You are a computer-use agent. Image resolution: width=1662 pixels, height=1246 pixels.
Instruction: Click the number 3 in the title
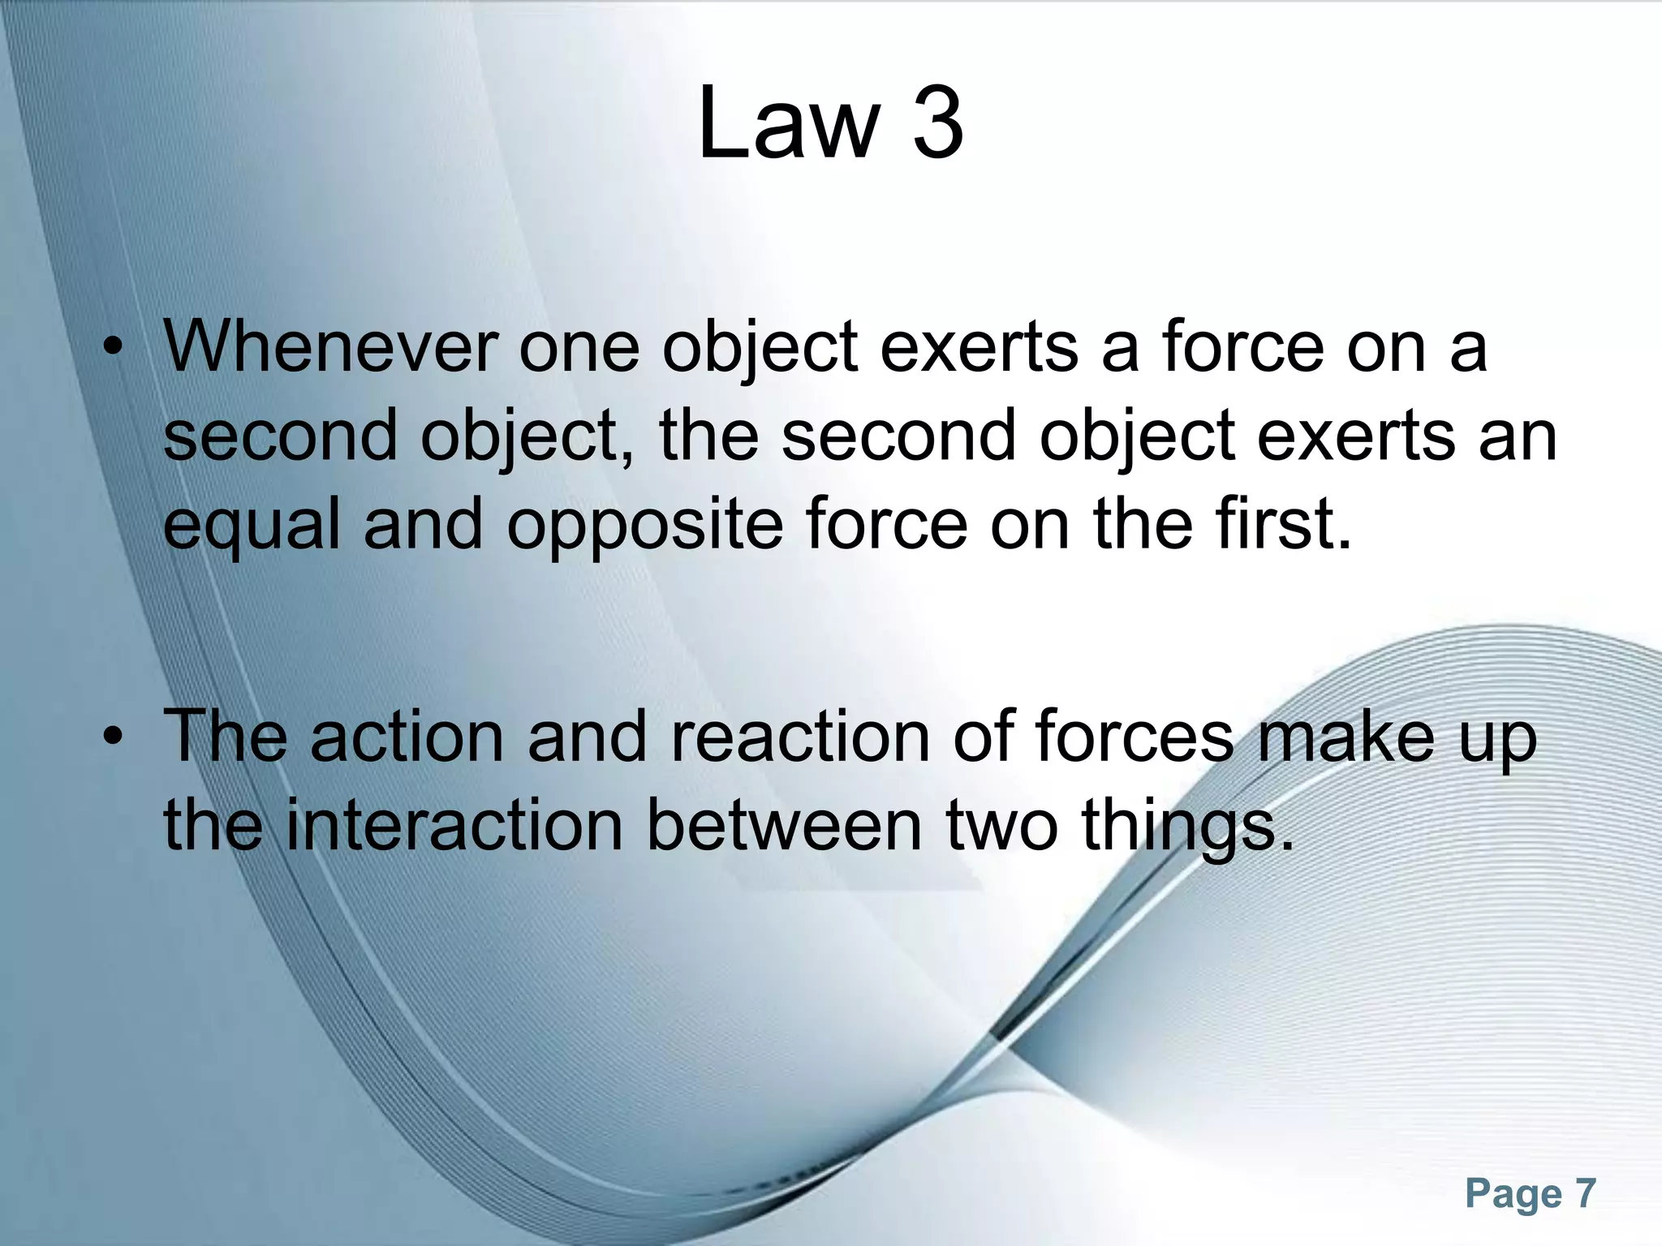point(938,123)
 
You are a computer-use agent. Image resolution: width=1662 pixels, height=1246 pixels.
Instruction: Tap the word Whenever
point(330,348)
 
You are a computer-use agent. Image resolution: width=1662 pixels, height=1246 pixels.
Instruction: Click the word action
point(407,737)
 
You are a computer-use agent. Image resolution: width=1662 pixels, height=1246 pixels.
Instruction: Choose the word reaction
point(799,737)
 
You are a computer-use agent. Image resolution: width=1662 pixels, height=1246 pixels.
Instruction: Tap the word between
point(784,826)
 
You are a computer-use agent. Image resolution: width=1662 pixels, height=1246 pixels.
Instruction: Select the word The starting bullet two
point(225,737)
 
